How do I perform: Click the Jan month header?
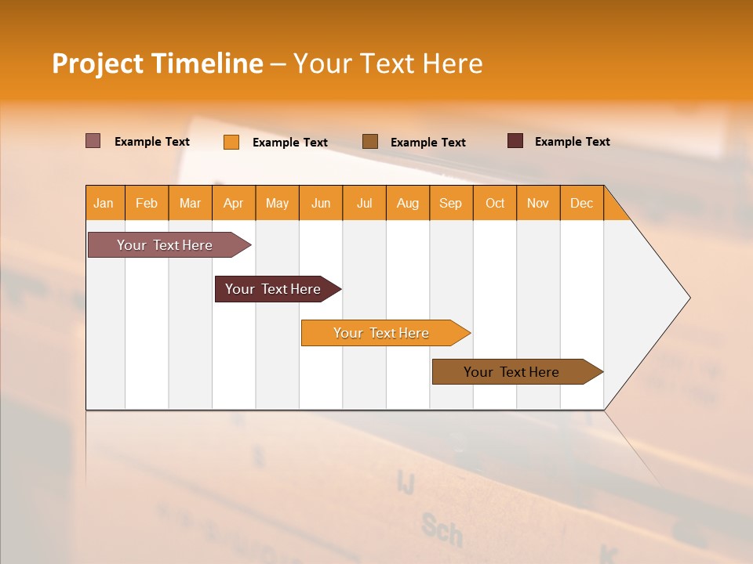(104, 203)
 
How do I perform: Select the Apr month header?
(233, 203)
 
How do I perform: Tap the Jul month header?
(364, 203)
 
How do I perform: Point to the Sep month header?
(450, 203)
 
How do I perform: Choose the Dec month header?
(581, 203)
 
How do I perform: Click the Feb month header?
(147, 203)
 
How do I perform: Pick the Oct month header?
(495, 203)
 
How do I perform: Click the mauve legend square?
(93, 141)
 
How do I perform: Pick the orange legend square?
(231, 142)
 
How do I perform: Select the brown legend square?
(370, 141)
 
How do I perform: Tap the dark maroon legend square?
(515, 141)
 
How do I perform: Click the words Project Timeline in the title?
(158, 63)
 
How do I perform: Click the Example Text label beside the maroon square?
(572, 142)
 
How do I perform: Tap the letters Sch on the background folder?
(442, 530)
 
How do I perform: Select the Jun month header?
(321, 203)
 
